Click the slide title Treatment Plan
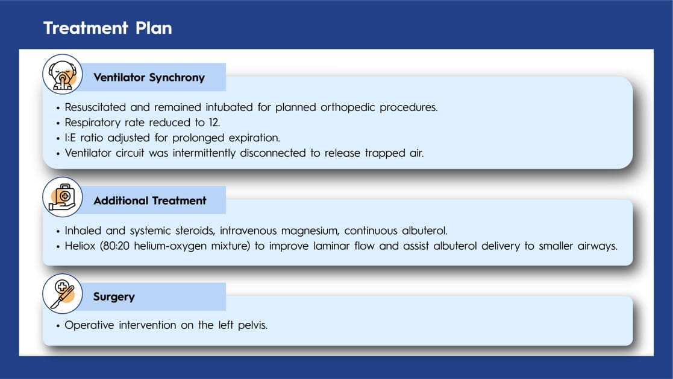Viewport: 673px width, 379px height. point(108,28)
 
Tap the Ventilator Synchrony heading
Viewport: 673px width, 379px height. point(149,77)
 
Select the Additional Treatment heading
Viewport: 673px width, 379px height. point(150,200)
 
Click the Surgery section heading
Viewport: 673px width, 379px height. point(114,296)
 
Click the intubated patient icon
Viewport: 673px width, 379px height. point(63,74)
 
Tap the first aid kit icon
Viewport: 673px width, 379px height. point(63,197)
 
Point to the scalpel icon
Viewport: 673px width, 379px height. point(63,294)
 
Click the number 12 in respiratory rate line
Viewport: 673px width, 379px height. point(214,123)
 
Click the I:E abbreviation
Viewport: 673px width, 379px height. point(70,138)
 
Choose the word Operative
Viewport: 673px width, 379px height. point(89,325)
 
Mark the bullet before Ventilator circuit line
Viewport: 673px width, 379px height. point(58,154)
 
